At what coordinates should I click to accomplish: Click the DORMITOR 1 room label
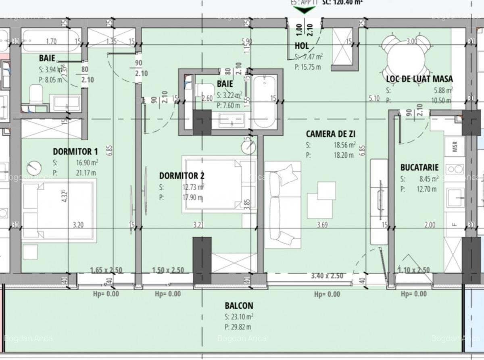coord(75,152)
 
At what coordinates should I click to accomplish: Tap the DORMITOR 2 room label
coord(181,175)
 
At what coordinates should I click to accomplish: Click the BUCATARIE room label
coord(419,167)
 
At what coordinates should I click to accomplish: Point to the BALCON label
coord(239,306)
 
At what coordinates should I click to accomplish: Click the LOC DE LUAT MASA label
coord(419,79)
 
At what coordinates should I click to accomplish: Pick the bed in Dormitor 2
coord(219,185)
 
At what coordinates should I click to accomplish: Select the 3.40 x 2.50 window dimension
coord(327,276)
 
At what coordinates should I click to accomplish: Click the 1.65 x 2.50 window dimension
coord(106,270)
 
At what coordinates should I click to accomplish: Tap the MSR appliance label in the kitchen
coord(455,147)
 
